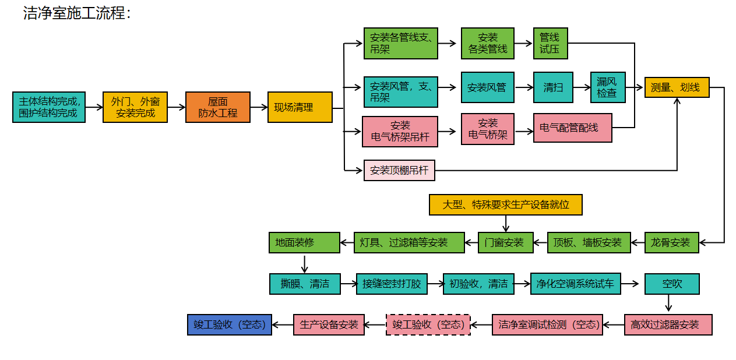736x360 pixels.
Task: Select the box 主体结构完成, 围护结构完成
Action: tap(49, 107)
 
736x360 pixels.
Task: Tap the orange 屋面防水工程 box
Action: tap(218, 107)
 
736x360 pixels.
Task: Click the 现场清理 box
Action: tap(300, 107)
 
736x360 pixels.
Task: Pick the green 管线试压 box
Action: tap(550, 43)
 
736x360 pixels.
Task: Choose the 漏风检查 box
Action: tap(607, 87)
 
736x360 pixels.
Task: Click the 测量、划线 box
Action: tap(676, 87)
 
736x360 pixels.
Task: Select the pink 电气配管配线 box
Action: tap(573, 128)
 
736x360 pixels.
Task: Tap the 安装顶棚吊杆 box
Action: tap(399, 171)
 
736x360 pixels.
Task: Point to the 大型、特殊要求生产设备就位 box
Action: tap(505, 204)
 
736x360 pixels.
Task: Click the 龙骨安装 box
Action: tap(671, 242)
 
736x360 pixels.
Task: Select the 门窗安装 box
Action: tap(505, 242)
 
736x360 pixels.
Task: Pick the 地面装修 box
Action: tap(304, 242)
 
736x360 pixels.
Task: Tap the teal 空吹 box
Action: tap(671, 284)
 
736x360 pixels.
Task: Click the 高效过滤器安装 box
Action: tap(668, 324)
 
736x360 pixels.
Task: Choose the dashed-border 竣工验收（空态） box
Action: tap(428, 324)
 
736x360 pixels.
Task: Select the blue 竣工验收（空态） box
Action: tap(229, 324)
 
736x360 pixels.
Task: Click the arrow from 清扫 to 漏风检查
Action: tap(582, 87)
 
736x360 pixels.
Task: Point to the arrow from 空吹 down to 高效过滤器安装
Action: tap(668, 304)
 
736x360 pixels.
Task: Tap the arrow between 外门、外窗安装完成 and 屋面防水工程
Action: tap(177, 107)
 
